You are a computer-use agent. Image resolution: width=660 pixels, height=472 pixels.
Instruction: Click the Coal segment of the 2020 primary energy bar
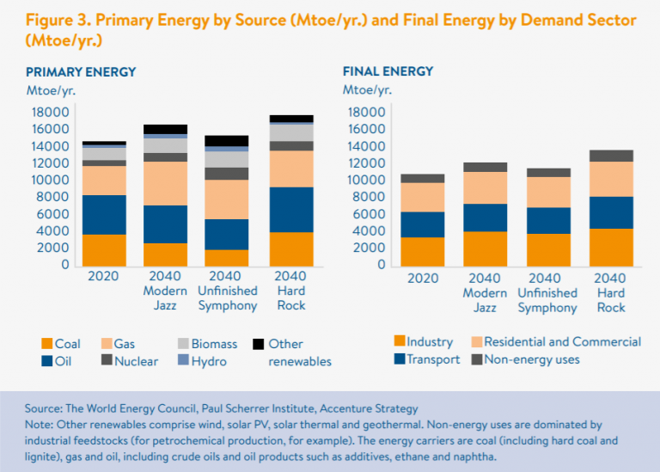tap(104, 249)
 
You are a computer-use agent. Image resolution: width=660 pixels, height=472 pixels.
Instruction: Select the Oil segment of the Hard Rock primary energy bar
tap(291, 210)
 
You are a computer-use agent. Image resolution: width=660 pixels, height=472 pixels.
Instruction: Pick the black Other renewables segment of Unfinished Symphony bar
tap(228, 141)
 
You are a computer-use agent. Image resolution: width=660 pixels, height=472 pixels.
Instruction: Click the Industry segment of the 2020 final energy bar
tap(424, 251)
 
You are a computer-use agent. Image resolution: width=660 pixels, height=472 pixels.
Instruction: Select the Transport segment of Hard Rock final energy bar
tap(611, 212)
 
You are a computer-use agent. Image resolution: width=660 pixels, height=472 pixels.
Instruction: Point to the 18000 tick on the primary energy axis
tap(50, 113)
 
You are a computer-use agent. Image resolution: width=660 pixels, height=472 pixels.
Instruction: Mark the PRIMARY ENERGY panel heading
tap(81, 71)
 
